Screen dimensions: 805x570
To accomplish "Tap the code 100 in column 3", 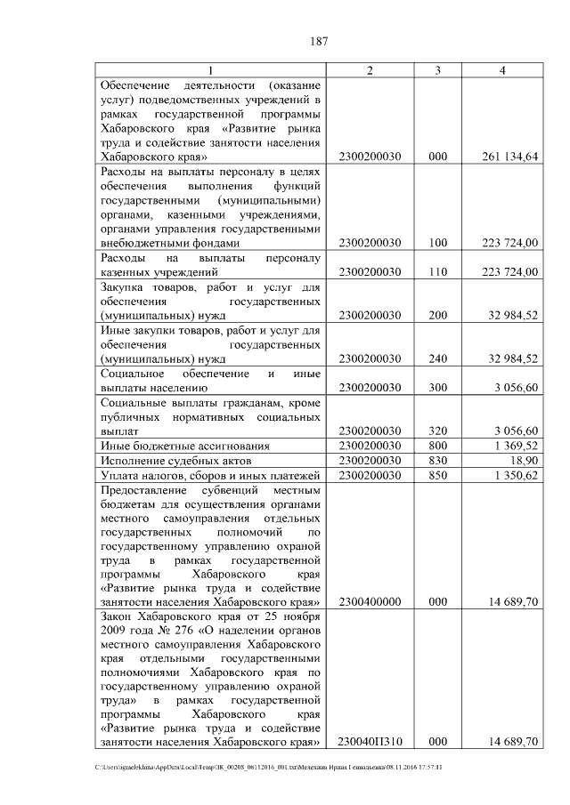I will (437, 243).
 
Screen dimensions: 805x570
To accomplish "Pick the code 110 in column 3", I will (437, 271).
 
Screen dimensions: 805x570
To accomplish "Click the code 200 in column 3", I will (437, 315).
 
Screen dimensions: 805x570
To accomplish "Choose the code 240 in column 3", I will (437, 358).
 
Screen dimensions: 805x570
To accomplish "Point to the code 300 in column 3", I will (437, 388).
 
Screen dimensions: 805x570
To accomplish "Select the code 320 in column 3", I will (437, 431).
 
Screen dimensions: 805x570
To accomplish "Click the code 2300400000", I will (370, 602).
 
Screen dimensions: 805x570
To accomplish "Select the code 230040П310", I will (370, 741).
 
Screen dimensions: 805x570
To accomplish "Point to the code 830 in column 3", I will (437, 460).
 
